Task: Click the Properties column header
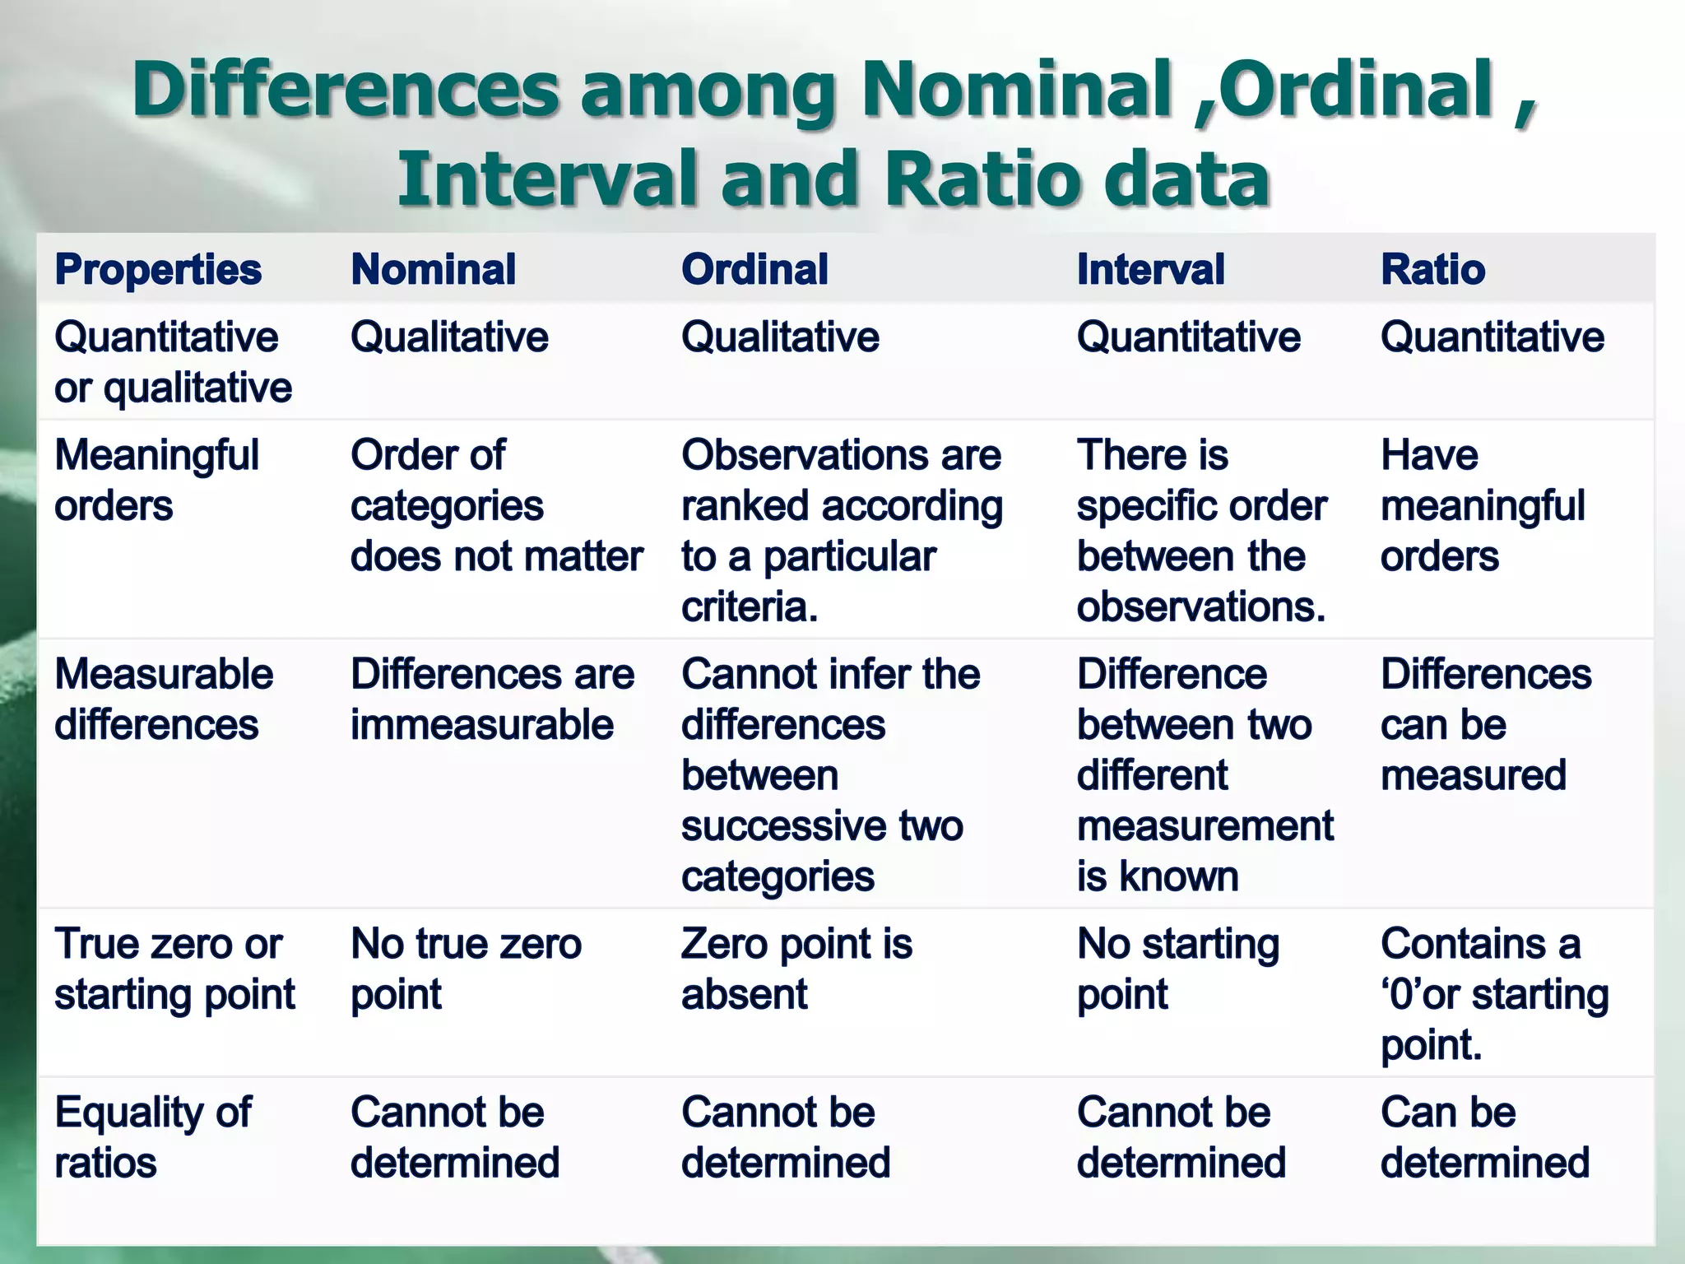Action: coord(158,270)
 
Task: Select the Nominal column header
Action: coord(434,270)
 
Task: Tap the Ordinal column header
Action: coord(754,270)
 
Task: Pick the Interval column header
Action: coord(1150,270)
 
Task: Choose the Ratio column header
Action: coord(1432,270)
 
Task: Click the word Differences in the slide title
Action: coord(346,89)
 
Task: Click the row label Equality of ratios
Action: coord(153,1137)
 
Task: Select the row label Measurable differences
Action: coord(163,699)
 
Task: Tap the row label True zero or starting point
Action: coord(174,969)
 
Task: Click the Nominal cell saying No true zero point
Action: coord(466,969)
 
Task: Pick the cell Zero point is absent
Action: coord(796,969)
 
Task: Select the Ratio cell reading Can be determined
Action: coord(1484,1137)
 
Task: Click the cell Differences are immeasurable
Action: coord(492,699)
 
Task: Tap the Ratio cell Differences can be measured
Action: coord(1485,724)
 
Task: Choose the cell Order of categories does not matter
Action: coord(495,505)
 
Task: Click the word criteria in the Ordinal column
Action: coord(749,607)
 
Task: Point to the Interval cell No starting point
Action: coord(1177,969)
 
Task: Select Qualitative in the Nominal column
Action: coord(449,337)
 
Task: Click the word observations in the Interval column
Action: coord(1200,607)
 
